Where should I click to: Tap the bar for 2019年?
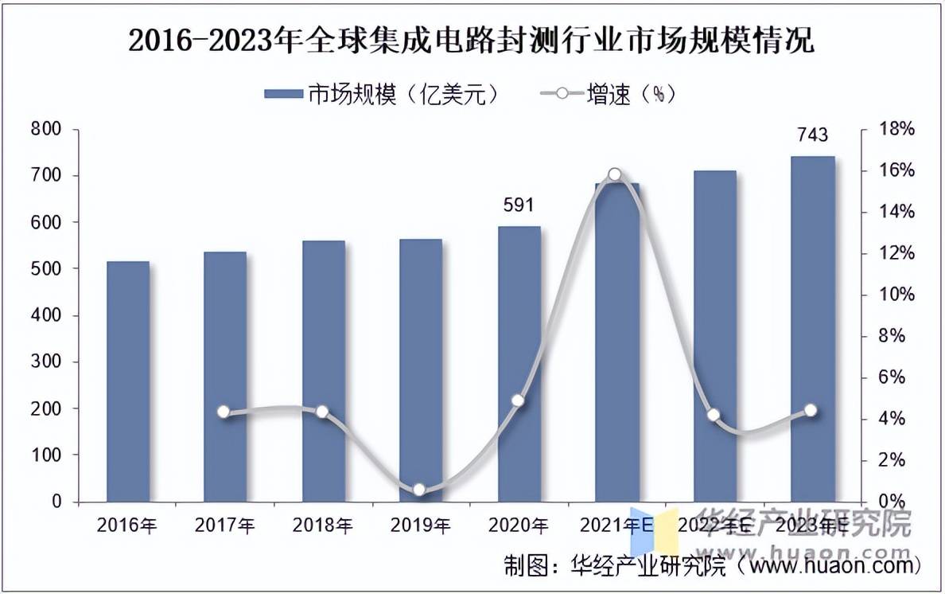(420, 370)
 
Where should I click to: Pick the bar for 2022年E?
(714, 335)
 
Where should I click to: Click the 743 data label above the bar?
(812, 135)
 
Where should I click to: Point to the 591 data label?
(519, 205)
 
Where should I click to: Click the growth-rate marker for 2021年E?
(615, 174)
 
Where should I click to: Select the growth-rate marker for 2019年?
(420, 490)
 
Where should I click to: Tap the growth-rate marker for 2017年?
(224, 412)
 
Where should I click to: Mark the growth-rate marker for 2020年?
(518, 401)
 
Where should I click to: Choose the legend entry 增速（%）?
(609, 94)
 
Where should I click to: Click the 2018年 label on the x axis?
(322, 526)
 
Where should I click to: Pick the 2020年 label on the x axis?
(518, 526)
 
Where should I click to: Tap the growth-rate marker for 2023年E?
(811, 410)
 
